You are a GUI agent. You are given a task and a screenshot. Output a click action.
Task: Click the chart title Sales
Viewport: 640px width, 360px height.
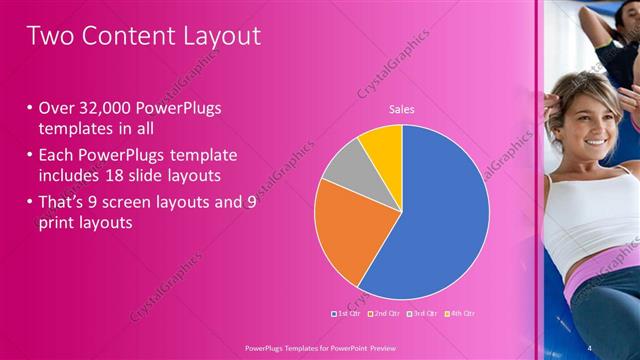tap(402, 109)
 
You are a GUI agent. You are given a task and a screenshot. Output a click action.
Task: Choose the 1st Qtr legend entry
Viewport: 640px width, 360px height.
tap(345, 313)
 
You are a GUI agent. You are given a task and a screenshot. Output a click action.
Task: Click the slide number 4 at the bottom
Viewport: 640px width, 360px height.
tap(590, 346)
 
